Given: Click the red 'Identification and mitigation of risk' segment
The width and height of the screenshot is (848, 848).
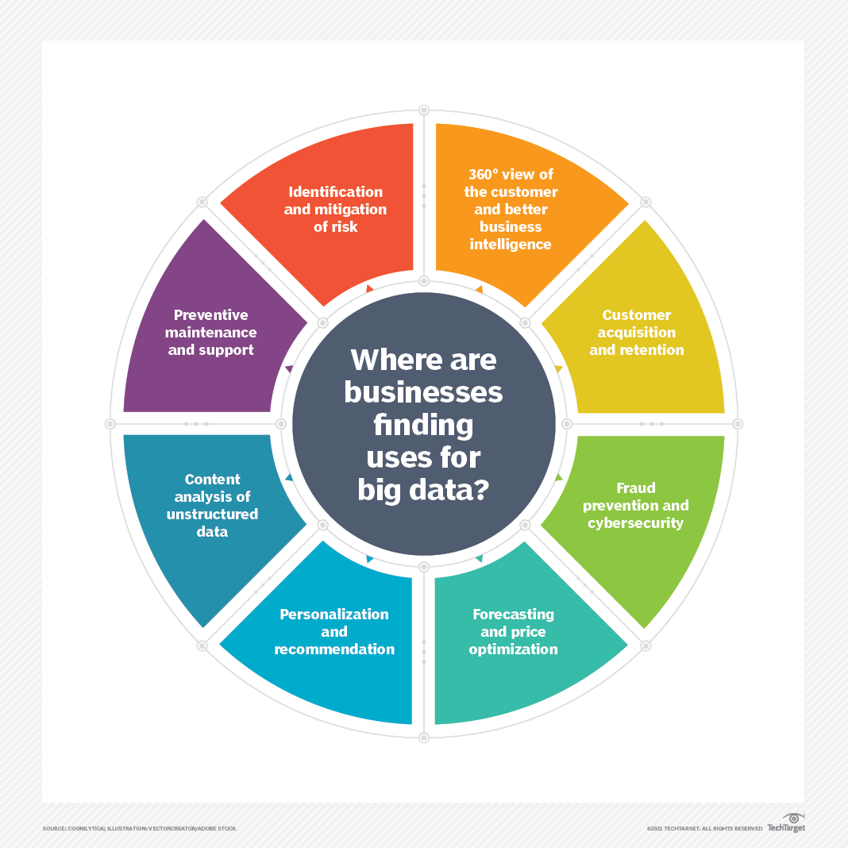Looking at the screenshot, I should click(x=334, y=210).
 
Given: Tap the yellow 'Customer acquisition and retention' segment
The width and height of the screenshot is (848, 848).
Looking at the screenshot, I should click(x=636, y=333).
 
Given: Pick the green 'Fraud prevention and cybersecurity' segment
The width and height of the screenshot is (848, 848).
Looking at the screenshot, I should click(x=636, y=505).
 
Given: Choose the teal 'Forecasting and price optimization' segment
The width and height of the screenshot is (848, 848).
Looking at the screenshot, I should click(x=513, y=631).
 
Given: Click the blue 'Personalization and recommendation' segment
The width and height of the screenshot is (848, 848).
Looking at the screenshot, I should click(x=334, y=631).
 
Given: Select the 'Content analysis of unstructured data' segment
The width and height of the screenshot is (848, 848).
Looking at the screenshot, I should click(x=212, y=505).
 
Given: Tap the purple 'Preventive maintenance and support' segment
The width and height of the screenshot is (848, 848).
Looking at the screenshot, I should click(x=212, y=333).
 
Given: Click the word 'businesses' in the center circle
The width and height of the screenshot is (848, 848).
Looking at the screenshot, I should click(x=423, y=392).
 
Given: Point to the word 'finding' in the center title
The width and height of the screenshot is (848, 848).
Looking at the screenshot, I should click(x=423, y=425).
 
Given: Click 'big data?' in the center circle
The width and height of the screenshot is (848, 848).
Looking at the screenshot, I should click(x=423, y=489).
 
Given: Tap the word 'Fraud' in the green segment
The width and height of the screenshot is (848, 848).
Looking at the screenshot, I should click(x=636, y=488).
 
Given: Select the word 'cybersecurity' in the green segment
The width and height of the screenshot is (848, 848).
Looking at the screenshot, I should click(x=636, y=522).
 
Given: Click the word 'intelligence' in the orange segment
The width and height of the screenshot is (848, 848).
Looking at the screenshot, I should click(x=511, y=245).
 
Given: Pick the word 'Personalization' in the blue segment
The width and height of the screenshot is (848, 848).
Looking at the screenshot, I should click(x=334, y=614).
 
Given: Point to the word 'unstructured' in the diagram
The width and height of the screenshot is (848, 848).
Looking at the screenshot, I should click(x=212, y=514).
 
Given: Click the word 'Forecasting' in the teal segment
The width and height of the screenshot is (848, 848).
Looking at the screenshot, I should click(x=513, y=614).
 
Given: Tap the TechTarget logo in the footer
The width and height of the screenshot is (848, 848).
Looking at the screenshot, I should click(x=786, y=823).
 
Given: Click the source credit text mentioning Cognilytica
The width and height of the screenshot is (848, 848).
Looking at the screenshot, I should click(x=139, y=828).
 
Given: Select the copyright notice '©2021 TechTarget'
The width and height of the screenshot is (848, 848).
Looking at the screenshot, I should click(x=704, y=828).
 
